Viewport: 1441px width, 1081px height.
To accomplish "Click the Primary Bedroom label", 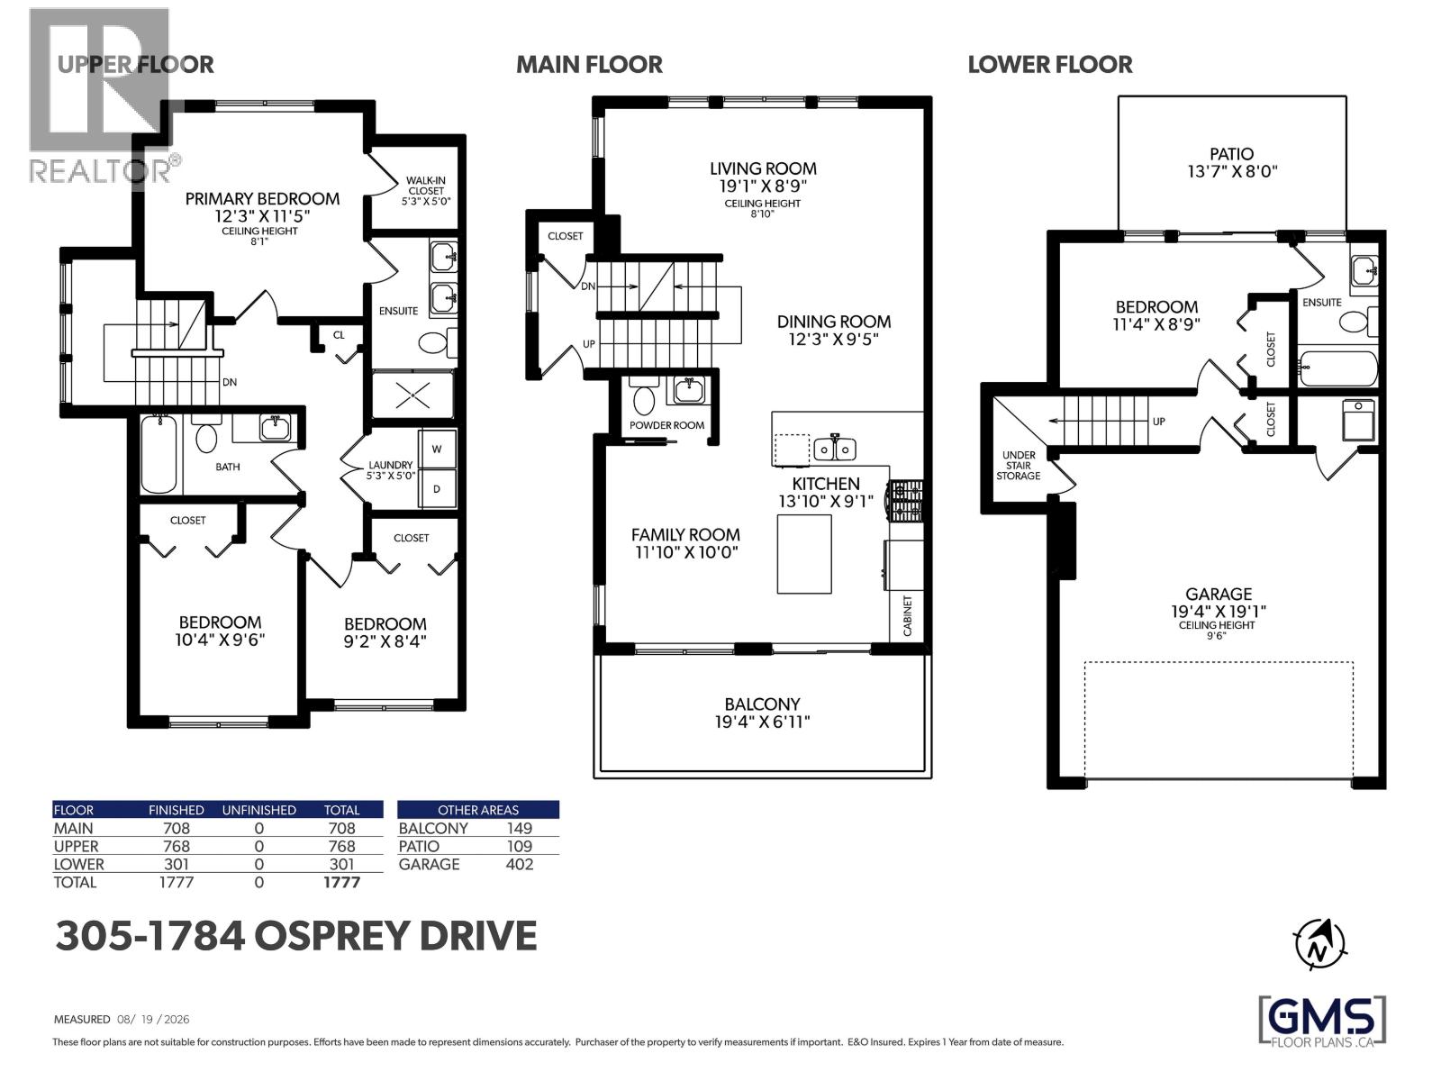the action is pyautogui.click(x=262, y=198).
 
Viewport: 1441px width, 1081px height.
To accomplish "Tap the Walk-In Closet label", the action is pyautogui.click(x=425, y=185).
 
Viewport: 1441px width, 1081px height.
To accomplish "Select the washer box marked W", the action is pyautogui.click(x=437, y=449).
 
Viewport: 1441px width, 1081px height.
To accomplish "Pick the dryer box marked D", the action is pyautogui.click(x=437, y=488).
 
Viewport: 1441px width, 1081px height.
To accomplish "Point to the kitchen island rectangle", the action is pyautogui.click(x=804, y=554).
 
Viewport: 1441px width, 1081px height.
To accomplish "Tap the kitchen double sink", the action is pyautogui.click(x=835, y=449).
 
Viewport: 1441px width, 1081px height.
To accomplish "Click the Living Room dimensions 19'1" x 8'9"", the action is pyautogui.click(x=762, y=186).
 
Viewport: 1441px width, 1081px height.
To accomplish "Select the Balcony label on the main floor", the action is pyautogui.click(x=762, y=704).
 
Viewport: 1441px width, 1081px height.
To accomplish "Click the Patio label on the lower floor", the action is pyautogui.click(x=1231, y=153).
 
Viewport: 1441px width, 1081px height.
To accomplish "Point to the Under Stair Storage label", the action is pyautogui.click(x=1019, y=466).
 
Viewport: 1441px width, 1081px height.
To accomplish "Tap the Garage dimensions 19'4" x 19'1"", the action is pyautogui.click(x=1219, y=611).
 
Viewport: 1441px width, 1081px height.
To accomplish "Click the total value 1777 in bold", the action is pyautogui.click(x=342, y=883).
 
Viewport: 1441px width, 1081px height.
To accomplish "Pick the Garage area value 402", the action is pyautogui.click(x=520, y=865).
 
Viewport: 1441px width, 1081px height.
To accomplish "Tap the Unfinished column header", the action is pyautogui.click(x=258, y=810).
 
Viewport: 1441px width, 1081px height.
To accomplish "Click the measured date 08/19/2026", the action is pyautogui.click(x=154, y=1020).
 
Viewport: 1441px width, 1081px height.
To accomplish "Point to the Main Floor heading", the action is pyautogui.click(x=589, y=64).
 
